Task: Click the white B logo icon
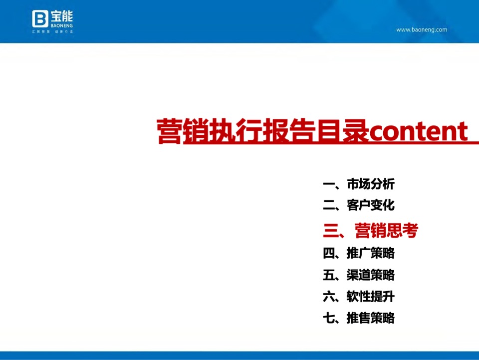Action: click(x=40, y=19)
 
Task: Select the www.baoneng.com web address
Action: click(x=422, y=29)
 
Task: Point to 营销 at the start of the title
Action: click(x=170, y=132)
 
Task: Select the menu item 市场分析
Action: click(x=371, y=184)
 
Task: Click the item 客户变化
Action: click(x=371, y=205)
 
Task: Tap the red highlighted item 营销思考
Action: click(x=386, y=230)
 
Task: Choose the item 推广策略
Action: click(x=371, y=253)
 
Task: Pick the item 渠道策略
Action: click(x=371, y=275)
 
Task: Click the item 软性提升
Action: click(x=371, y=297)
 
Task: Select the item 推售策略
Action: click(x=371, y=318)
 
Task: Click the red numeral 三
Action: click(x=331, y=230)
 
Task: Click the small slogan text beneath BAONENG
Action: click(x=53, y=31)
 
